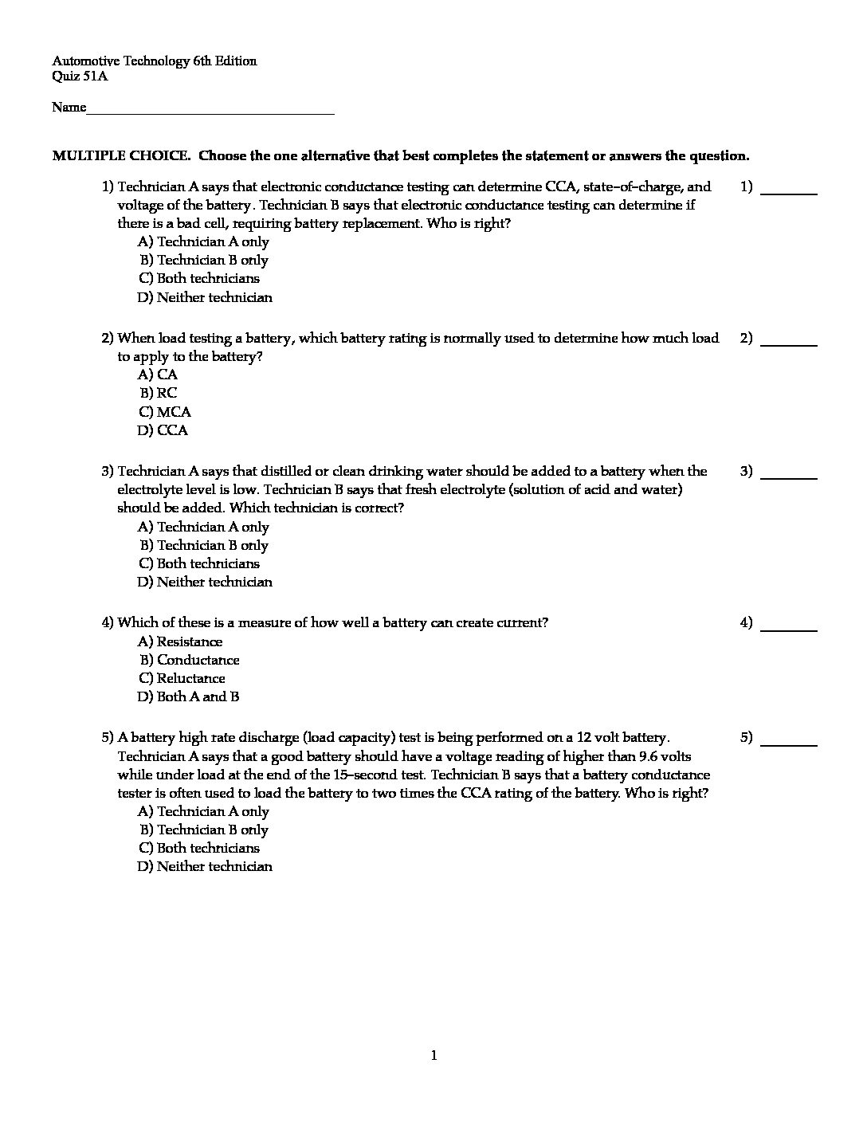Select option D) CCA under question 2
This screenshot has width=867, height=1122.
coord(163,430)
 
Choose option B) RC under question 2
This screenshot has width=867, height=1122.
coord(159,393)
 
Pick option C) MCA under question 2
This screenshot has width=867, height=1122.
coord(165,412)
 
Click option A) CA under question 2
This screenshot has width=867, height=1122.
coord(158,375)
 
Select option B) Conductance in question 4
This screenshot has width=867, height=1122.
coord(190,660)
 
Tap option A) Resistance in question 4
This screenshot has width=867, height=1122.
coord(180,641)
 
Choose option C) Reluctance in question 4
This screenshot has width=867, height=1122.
coord(182,678)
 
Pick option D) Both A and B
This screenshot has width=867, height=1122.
coord(188,696)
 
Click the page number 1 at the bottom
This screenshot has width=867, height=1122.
coord(434,1056)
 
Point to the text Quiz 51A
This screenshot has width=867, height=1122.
coord(80,76)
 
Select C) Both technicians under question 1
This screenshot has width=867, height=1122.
coord(199,278)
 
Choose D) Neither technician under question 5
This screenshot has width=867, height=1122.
coord(205,866)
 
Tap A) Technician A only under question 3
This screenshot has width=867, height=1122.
coord(203,527)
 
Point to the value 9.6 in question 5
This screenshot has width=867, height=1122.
coord(649,756)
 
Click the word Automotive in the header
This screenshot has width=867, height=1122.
coord(86,61)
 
